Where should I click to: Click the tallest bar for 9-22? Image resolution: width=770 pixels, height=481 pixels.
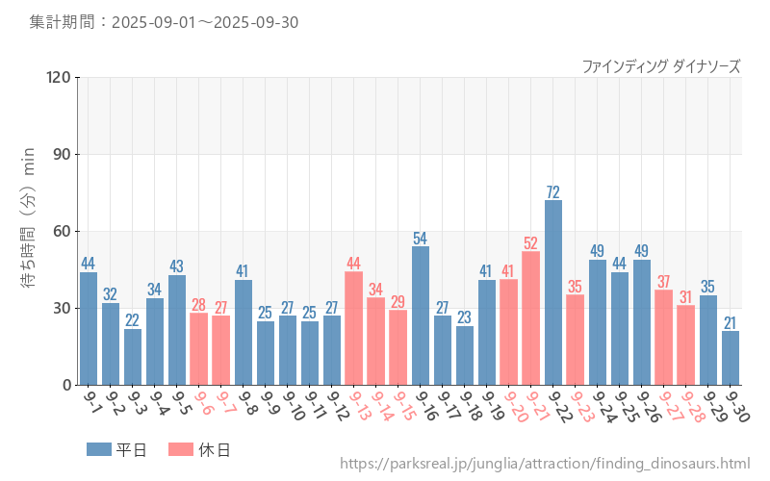(x=553, y=292)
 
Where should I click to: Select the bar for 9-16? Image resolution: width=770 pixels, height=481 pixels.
(x=421, y=316)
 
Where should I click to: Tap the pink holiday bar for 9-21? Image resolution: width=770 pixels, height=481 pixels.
(x=531, y=318)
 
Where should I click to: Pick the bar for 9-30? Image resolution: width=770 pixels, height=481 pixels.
(x=731, y=358)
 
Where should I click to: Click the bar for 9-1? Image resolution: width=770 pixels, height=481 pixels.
(x=89, y=328)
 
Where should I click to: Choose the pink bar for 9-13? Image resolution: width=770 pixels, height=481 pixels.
(x=354, y=328)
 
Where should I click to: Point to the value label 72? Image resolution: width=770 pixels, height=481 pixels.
(x=553, y=191)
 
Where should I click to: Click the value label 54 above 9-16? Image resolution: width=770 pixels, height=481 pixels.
(x=421, y=238)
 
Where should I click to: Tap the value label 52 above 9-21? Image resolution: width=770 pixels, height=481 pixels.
(x=531, y=243)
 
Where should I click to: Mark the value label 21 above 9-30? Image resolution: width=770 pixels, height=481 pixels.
(x=731, y=322)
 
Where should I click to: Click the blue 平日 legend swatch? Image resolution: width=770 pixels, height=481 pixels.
(x=99, y=449)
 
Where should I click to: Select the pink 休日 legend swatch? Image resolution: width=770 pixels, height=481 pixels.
(x=181, y=449)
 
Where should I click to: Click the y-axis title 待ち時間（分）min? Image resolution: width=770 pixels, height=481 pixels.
(x=30, y=231)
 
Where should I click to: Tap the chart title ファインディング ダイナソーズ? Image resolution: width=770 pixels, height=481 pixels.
(x=661, y=66)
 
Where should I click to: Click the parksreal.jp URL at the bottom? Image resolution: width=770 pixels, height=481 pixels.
(x=545, y=465)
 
